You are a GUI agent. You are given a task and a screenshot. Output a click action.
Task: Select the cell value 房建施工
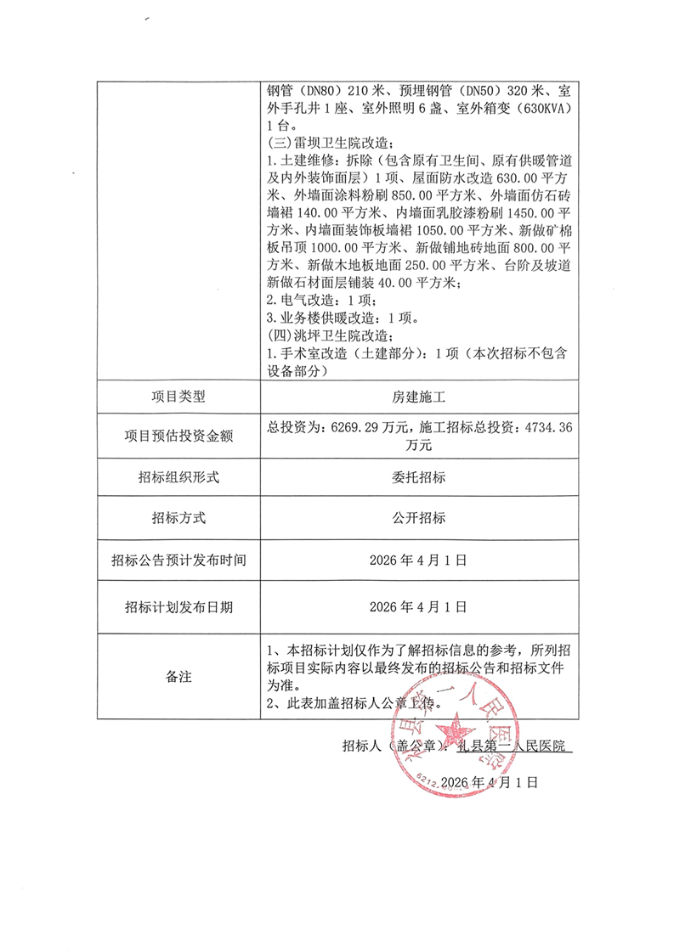419,396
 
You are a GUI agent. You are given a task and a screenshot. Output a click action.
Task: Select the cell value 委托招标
419,477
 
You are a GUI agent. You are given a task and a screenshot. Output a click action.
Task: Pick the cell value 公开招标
419,518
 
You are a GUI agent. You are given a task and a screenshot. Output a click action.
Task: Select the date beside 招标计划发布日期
419,607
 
